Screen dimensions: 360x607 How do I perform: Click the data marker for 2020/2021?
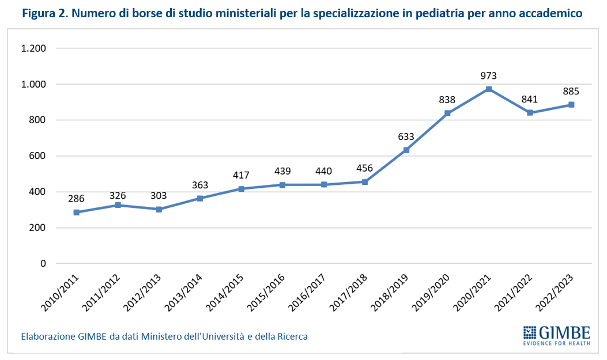(x=489, y=89)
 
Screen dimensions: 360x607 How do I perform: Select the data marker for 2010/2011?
(x=76, y=213)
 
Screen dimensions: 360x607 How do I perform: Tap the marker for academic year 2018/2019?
(x=406, y=150)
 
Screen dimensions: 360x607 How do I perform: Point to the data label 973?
(x=489, y=75)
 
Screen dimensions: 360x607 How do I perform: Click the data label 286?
(x=76, y=199)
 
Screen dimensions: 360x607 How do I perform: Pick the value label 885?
(x=571, y=91)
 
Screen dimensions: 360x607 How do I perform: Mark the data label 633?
(x=406, y=137)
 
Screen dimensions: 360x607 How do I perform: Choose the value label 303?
(x=159, y=195)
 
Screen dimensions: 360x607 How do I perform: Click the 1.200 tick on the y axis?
(x=33, y=48)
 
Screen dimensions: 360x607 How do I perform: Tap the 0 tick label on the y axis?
(x=42, y=264)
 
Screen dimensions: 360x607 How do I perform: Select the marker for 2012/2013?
(x=159, y=209)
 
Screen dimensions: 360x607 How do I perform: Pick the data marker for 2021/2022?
(x=530, y=113)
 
